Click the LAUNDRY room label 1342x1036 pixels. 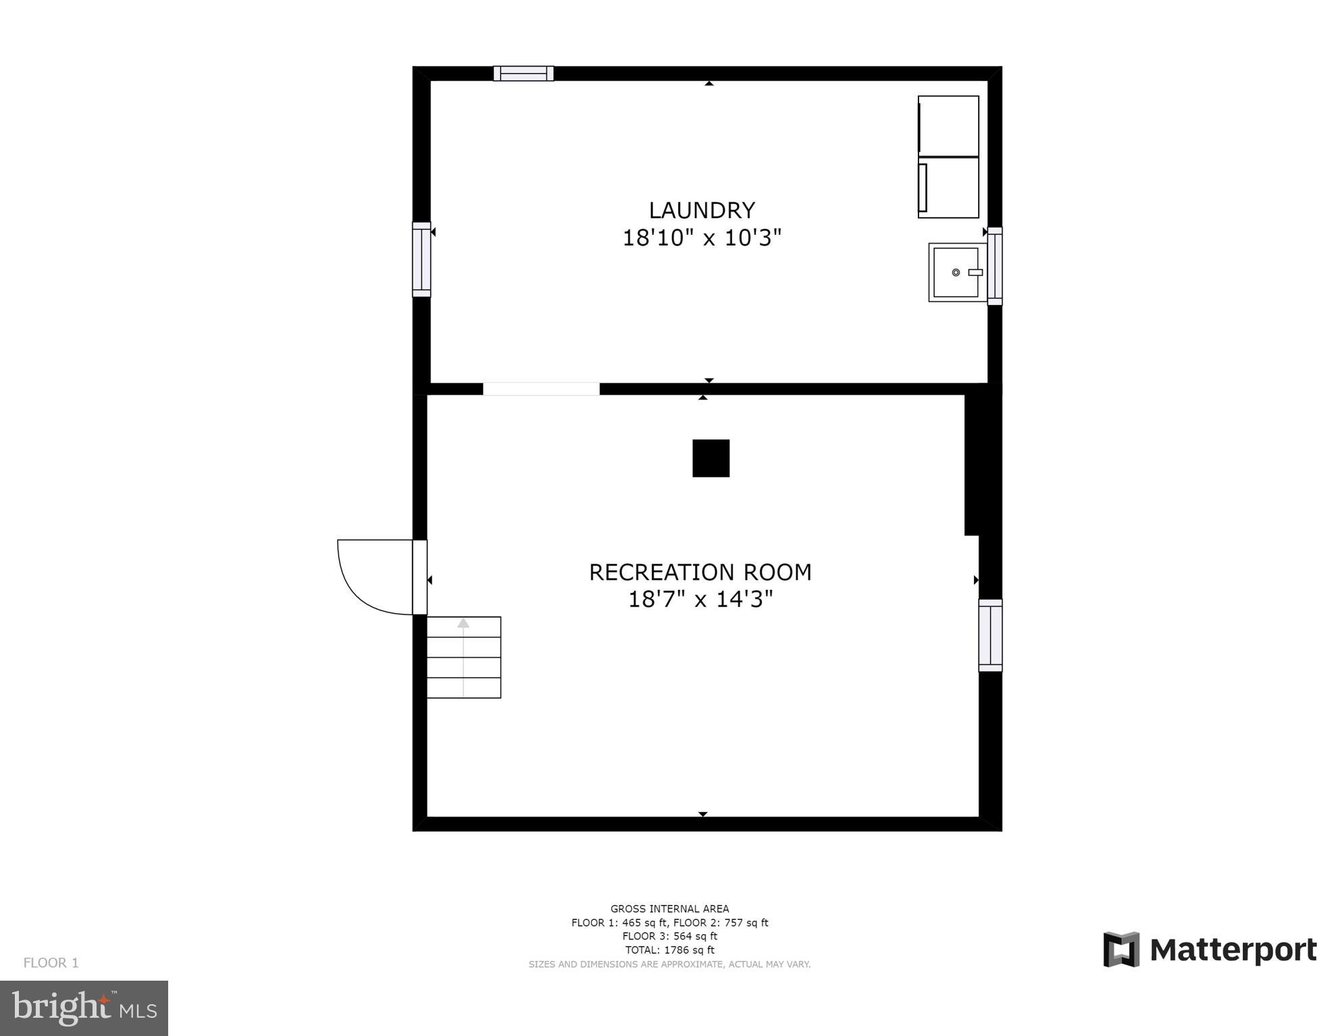point(701,211)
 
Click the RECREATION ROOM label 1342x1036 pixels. point(700,572)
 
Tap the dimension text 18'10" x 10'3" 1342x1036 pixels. point(701,238)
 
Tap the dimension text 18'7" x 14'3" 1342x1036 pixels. point(700,599)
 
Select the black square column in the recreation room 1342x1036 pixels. point(711,458)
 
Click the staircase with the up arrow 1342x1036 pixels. point(463,657)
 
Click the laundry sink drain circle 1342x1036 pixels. point(955,273)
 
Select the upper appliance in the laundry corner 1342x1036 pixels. point(948,125)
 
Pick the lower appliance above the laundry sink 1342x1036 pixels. point(948,188)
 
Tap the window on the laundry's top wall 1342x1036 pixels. point(523,74)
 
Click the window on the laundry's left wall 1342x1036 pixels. point(421,259)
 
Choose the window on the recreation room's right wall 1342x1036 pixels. point(990,635)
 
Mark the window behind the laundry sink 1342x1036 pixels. point(995,266)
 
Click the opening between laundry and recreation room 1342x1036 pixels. point(541,389)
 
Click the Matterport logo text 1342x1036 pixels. point(1233,950)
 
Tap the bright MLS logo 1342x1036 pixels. point(84,1008)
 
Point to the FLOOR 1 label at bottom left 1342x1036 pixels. point(51,962)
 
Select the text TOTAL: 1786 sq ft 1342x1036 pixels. point(669,950)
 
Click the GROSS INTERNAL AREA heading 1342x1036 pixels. point(669,908)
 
